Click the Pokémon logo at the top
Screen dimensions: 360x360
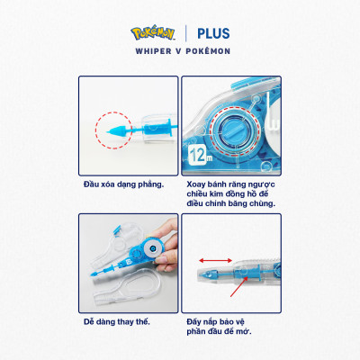(x=156, y=34)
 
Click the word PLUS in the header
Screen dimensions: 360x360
(x=209, y=34)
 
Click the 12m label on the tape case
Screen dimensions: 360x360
(x=199, y=160)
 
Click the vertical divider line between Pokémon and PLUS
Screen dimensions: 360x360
(x=185, y=34)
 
